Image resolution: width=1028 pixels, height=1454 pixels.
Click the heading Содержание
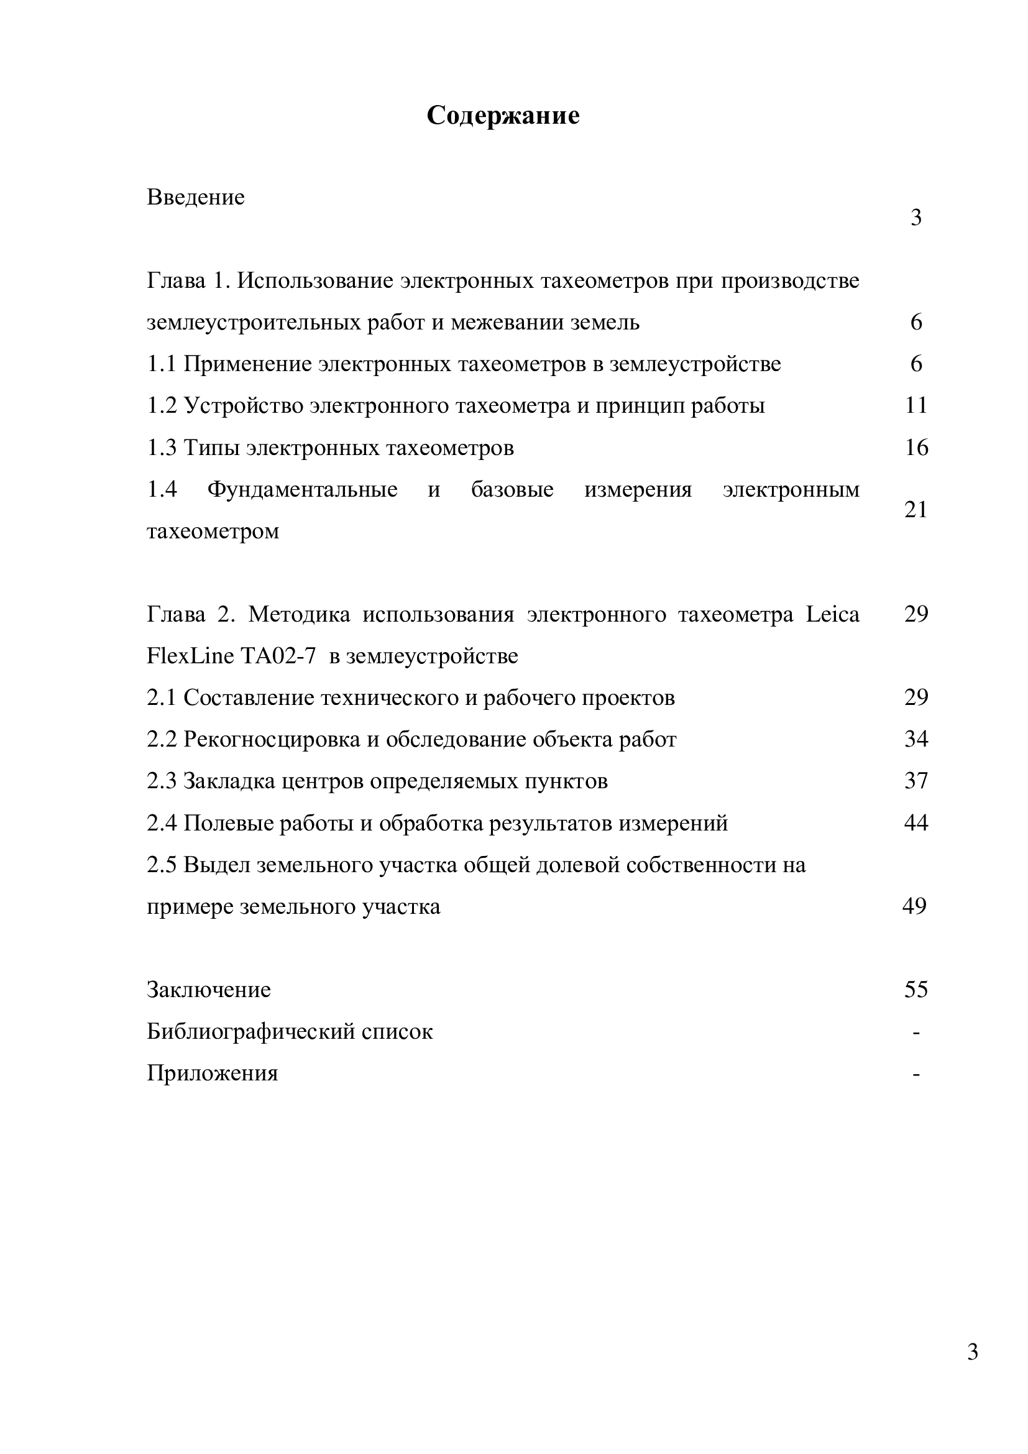tap(503, 116)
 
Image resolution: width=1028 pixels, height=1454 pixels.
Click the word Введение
tap(196, 198)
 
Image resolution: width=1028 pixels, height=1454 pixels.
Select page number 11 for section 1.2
tap(916, 405)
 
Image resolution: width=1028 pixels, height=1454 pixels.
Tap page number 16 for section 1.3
tap(916, 448)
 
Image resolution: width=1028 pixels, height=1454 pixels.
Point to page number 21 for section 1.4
tap(916, 509)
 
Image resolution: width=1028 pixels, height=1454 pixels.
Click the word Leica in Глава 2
tap(832, 614)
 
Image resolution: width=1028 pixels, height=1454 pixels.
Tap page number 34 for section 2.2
tap(916, 739)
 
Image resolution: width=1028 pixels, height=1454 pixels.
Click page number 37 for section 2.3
tap(916, 781)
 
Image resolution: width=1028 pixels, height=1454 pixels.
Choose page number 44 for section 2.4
tap(916, 822)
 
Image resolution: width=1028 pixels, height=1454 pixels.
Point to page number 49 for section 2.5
tap(914, 906)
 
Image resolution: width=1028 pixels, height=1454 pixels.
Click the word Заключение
tap(208, 990)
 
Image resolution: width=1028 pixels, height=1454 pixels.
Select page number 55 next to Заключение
tap(916, 990)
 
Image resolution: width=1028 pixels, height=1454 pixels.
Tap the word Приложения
tap(212, 1074)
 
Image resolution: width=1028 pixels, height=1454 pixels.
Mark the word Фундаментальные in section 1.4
tap(303, 489)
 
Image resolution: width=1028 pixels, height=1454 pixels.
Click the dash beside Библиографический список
tap(916, 1033)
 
